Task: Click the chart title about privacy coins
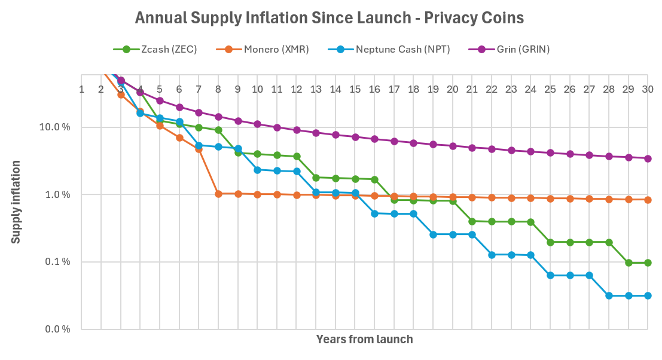pos(330,18)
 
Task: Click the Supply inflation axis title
pos(16,202)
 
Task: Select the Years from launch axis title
pos(364,340)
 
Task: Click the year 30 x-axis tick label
pos(648,89)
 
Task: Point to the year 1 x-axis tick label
pos(81,89)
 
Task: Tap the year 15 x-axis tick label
pos(355,89)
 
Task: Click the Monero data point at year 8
pos(218,194)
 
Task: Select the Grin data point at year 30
pos(648,158)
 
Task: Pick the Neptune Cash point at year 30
pos(648,295)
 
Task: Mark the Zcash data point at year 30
pos(648,263)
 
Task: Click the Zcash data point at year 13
pos(316,178)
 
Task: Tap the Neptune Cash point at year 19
pos(433,234)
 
